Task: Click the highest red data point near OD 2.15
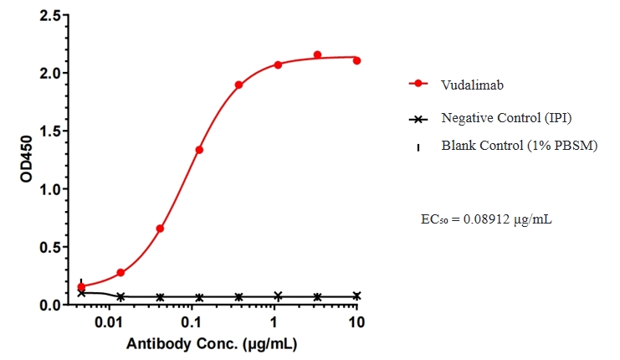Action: click(x=317, y=55)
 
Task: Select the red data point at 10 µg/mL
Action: click(x=357, y=60)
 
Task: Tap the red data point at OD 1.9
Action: click(x=238, y=85)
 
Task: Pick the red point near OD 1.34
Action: click(x=199, y=150)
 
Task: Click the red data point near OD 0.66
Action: click(x=160, y=229)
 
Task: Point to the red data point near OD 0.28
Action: click(x=120, y=273)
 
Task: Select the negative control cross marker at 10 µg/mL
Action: click(x=357, y=296)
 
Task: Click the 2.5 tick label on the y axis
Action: click(x=49, y=16)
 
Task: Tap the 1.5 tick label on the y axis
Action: click(x=49, y=131)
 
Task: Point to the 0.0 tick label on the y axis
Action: click(x=49, y=306)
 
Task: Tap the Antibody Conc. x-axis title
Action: click(x=213, y=344)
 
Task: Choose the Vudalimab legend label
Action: click(x=472, y=85)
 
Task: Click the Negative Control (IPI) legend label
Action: click(x=506, y=118)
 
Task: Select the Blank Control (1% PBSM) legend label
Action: click(x=519, y=147)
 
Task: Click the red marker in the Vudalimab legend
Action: click(x=418, y=85)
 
